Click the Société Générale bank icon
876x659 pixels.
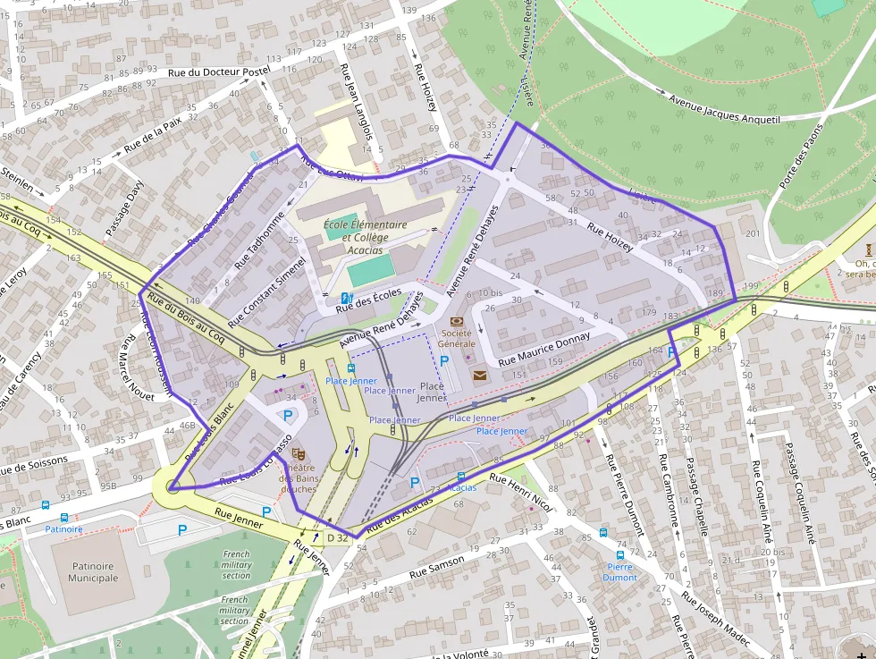pos(458,321)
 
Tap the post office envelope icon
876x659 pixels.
pos(480,376)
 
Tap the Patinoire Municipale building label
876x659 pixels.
pos(95,571)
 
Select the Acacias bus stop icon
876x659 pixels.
pos(461,477)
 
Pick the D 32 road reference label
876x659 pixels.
pos(337,537)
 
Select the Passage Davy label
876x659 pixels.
pos(125,207)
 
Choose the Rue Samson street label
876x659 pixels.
pos(437,565)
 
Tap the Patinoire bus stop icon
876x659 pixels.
pos(63,517)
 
